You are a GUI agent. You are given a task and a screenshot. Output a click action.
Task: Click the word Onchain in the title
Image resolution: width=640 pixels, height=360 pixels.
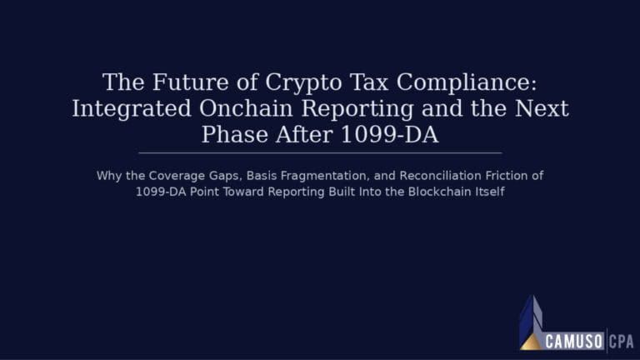pos(246,108)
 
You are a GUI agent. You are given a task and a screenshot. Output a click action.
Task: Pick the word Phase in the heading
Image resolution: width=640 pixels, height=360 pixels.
pos(235,134)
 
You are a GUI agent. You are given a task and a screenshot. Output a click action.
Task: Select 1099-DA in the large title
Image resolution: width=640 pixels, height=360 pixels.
pos(389,134)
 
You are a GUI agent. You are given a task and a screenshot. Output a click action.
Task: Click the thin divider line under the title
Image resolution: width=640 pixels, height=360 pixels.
pos(320,153)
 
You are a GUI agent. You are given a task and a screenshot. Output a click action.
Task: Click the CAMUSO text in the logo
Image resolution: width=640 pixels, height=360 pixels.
pos(574,341)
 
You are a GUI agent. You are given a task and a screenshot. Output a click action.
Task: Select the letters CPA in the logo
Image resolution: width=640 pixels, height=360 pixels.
pos(621,342)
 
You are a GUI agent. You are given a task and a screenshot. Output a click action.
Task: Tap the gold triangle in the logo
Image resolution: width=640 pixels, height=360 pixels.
pos(531,342)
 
